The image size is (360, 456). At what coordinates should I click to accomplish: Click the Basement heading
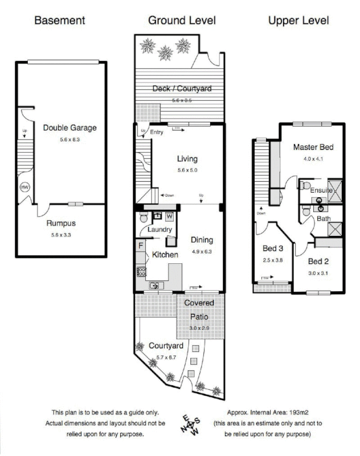tap(60, 21)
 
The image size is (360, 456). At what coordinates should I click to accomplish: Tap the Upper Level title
tap(298, 21)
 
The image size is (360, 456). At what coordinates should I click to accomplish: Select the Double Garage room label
tap(70, 128)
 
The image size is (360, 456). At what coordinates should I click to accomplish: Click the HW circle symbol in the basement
tap(25, 188)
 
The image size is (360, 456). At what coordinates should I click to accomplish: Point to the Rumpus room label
tap(61, 223)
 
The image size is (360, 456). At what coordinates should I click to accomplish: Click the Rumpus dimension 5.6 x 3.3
tap(61, 234)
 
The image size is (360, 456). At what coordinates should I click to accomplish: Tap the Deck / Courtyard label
tap(182, 88)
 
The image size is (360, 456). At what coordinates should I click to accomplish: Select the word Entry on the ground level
tap(157, 132)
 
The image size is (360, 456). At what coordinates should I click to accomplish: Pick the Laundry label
tap(160, 230)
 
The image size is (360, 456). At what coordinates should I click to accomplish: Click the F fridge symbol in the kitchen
tap(140, 245)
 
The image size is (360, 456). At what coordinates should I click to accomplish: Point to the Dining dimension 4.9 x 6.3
tap(202, 251)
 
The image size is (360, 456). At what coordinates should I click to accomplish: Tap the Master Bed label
tap(313, 147)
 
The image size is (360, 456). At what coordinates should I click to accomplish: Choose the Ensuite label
tap(321, 191)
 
